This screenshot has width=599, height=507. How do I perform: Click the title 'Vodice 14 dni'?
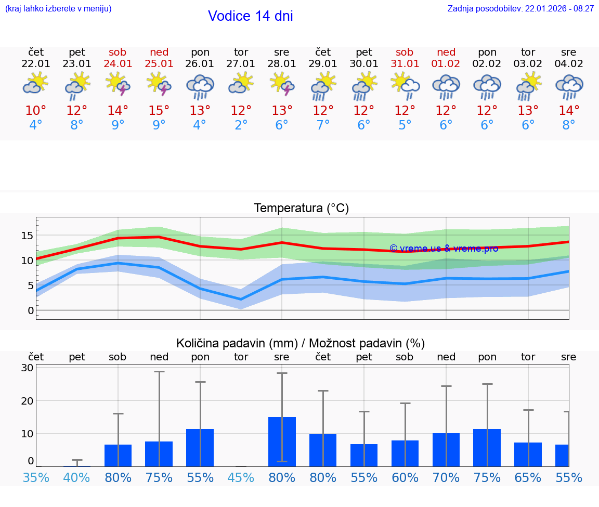click(250, 16)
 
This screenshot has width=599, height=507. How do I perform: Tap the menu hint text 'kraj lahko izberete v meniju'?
click(58, 9)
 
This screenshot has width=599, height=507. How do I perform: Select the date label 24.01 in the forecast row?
click(118, 64)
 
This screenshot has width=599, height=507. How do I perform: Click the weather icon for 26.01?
click(200, 86)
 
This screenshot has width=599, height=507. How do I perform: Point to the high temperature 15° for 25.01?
click(159, 111)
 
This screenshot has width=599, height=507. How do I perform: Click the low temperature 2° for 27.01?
click(241, 125)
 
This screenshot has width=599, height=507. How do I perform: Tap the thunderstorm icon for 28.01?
click(282, 84)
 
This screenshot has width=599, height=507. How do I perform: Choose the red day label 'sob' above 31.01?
click(405, 53)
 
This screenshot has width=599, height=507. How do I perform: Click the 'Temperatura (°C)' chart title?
click(301, 209)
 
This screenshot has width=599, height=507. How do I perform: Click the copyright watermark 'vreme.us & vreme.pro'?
click(444, 249)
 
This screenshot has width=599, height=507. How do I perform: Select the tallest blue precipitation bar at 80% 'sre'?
click(282, 441)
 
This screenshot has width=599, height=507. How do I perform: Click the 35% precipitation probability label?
click(36, 478)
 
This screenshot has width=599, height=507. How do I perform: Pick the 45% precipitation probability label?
click(241, 478)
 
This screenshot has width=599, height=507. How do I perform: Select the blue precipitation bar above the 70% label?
click(446, 450)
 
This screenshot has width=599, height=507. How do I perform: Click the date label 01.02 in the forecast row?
click(446, 64)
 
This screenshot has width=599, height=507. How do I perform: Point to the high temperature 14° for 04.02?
click(569, 111)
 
